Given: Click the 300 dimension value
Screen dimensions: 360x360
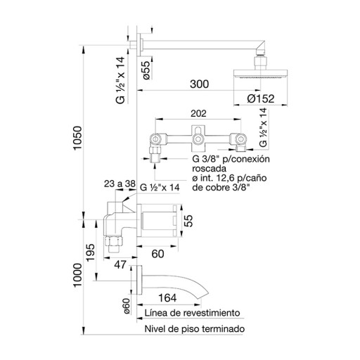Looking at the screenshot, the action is [199, 84].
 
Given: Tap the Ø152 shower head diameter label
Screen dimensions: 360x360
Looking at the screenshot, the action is [261, 98].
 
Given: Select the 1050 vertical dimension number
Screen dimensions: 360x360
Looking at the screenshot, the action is [77, 138].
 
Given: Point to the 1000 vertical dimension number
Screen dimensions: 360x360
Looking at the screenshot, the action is [77, 275].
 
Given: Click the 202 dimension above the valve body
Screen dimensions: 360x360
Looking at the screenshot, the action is [198, 113].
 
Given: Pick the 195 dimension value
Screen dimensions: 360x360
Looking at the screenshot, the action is [91, 252].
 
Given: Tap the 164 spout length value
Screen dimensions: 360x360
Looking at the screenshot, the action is [167, 298].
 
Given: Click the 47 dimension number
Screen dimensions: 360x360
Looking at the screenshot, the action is [120, 265].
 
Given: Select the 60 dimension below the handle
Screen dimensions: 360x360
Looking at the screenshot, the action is [157, 254].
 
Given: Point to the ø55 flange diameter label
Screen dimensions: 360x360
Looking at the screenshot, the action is [146, 70].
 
